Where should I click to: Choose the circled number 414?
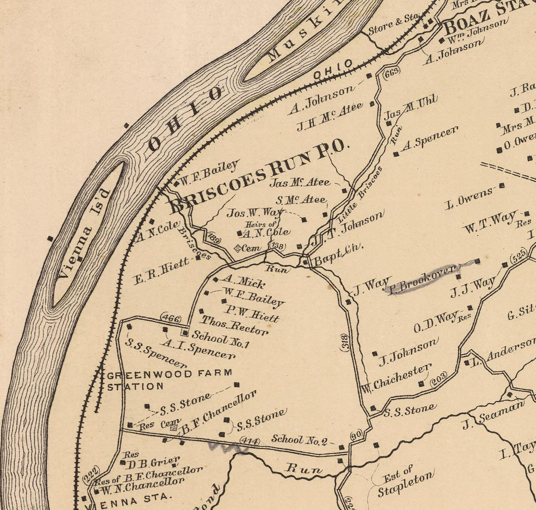(249, 440)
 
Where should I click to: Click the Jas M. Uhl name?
(410, 107)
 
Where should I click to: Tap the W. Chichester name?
(396, 379)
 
